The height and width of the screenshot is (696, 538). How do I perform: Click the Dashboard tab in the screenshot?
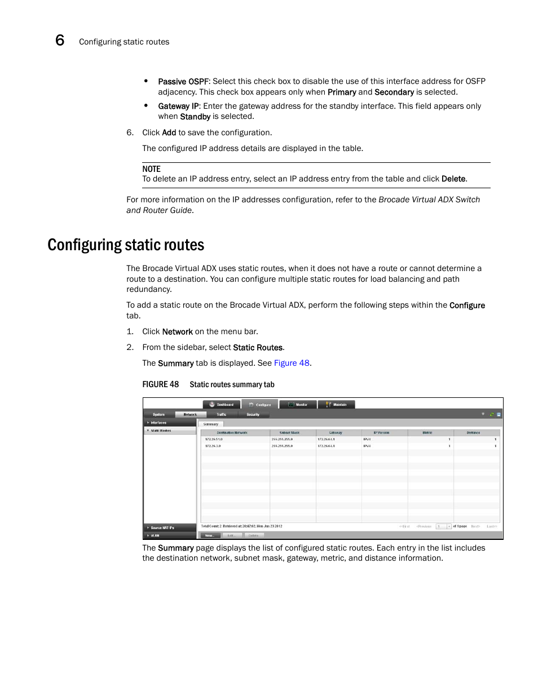coord(222,405)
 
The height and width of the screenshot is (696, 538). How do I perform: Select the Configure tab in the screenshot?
coord(260,405)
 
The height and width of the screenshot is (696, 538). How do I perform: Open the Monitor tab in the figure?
coord(298,405)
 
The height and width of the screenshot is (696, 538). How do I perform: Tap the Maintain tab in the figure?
coord(337,405)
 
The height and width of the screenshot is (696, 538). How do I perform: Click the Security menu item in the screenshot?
coord(253,415)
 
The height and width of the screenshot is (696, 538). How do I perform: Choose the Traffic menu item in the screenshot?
coord(222,415)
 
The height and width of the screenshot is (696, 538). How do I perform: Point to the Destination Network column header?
coord(232,433)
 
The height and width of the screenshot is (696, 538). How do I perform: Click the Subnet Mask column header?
coord(289,433)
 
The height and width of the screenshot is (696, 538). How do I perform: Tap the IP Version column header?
coord(381,433)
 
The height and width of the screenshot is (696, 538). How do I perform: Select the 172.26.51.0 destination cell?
coord(214,439)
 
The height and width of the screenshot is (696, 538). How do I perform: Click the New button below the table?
coord(209,535)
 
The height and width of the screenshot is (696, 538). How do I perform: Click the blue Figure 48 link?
coord(292,363)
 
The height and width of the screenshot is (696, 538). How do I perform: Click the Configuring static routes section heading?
coord(126,245)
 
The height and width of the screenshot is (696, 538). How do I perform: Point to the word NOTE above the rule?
coord(151,169)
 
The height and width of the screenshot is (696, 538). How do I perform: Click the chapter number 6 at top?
coord(60,41)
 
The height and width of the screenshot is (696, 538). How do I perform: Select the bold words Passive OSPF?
coord(183,82)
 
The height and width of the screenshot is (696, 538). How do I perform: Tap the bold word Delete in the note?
coord(453,179)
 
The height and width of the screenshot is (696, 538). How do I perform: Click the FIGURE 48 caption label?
coord(160,384)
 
